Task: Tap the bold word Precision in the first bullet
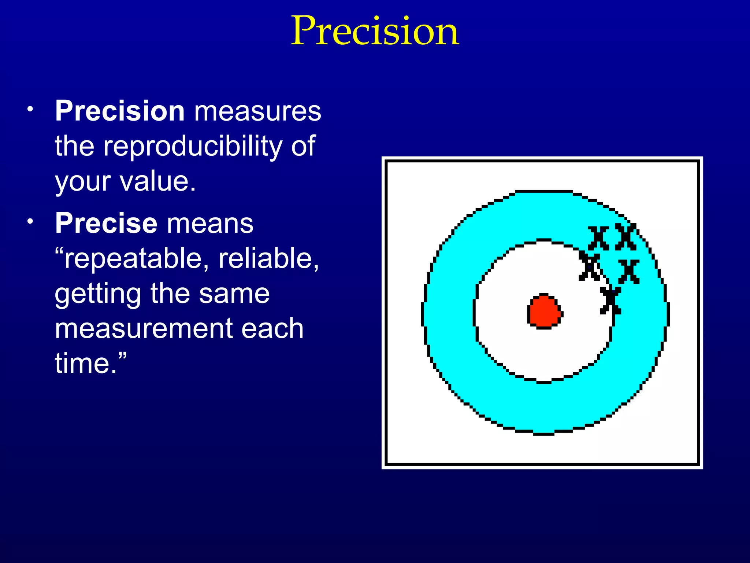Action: click(120, 111)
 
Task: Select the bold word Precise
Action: click(106, 223)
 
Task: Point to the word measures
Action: click(257, 111)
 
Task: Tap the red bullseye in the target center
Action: click(544, 311)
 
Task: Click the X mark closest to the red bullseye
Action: click(610, 301)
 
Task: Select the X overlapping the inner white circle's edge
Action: click(589, 266)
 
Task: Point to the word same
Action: click(234, 294)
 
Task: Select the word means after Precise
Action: click(210, 223)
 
